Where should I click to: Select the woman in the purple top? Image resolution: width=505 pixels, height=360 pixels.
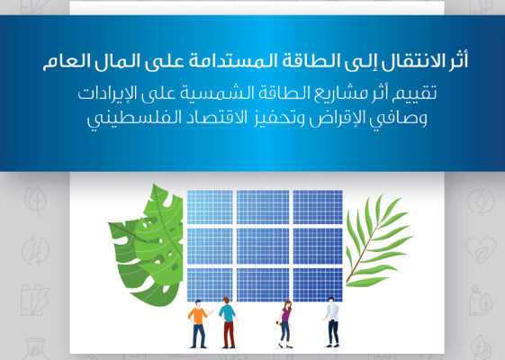tap(286, 322)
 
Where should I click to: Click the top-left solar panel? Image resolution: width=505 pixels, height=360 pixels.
tap(211, 207)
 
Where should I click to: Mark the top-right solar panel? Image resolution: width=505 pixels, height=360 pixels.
tap(317, 207)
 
